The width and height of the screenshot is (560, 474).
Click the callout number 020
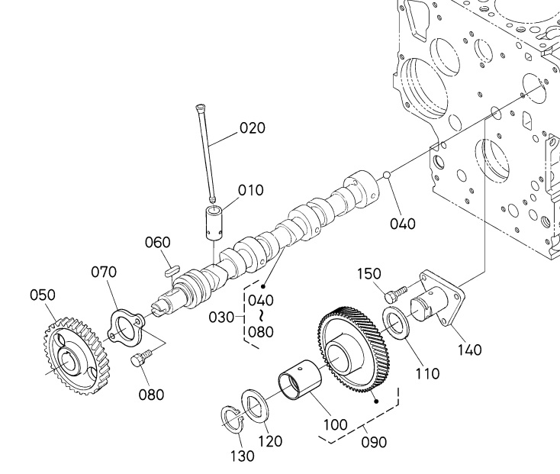[x=253, y=127]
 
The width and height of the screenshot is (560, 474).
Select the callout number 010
[x=251, y=190]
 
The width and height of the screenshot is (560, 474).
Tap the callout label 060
[x=157, y=242]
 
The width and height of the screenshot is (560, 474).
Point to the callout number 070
[x=104, y=272]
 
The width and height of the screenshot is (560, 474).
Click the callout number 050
[x=43, y=295]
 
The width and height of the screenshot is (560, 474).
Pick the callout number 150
[x=369, y=274]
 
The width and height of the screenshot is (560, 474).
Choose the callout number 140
[x=470, y=350]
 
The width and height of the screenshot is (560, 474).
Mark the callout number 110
[x=427, y=374]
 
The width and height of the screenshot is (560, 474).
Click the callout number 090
[x=374, y=442]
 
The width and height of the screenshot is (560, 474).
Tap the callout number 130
[x=242, y=456]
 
